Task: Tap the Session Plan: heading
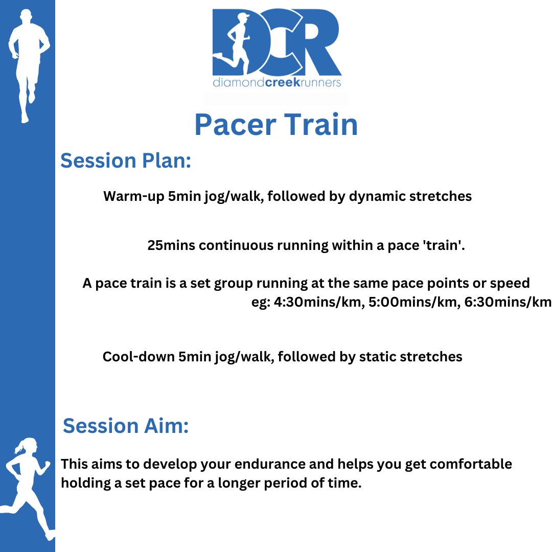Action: pos(126,160)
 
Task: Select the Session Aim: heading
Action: pos(126,426)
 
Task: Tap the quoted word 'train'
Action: pos(444,245)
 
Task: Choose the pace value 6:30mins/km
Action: pos(508,302)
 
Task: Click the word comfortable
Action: pos(471,464)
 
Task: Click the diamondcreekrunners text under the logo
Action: pos(277,82)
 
